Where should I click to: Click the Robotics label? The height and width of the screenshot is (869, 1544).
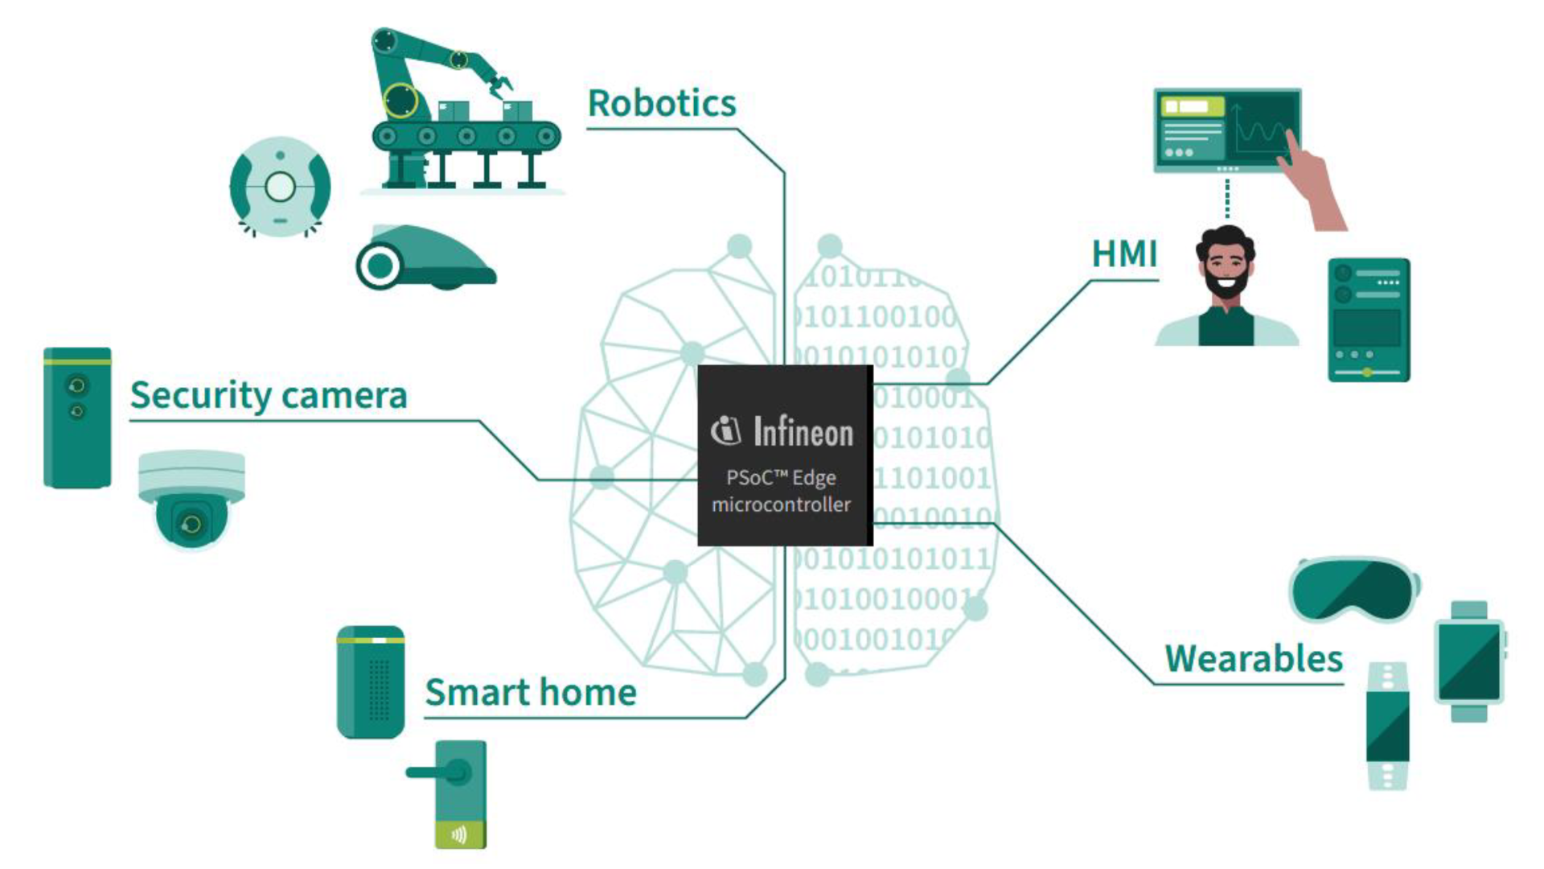tap(661, 104)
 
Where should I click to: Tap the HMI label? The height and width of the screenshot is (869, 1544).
tap(1123, 254)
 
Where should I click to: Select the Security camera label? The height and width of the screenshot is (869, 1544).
tap(269, 395)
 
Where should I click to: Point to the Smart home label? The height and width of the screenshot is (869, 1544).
tap(531, 692)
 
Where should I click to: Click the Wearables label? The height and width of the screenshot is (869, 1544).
tap(1253, 659)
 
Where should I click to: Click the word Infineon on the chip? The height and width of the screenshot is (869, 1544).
tap(802, 432)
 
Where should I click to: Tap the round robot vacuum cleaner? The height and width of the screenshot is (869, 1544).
tap(280, 187)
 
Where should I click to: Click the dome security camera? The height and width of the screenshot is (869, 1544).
tap(191, 499)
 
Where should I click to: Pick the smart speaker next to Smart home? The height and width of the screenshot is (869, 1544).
tap(371, 682)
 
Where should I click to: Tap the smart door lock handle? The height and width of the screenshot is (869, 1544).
tap(438, 773)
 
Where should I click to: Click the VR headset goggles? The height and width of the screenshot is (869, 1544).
tap(1354, 590)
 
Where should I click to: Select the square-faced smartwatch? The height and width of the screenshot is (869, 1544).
tap(1468, 661)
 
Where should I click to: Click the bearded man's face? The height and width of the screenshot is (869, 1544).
tap(1226, 266)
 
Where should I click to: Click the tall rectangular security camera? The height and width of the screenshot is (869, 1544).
tap(77, 418)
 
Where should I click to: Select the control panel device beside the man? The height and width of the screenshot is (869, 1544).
tap(1369, 319)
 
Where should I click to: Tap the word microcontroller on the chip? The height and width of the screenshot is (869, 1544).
tap(781, 505)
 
